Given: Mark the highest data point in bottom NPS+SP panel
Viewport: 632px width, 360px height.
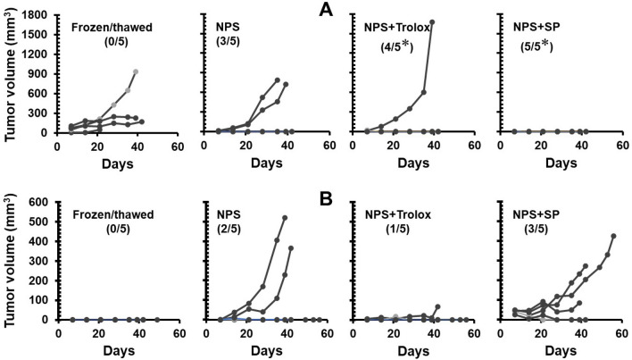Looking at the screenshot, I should [x=613, y=236].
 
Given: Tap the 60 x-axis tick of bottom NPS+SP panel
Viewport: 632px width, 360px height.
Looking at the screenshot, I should [x=616, y=333].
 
